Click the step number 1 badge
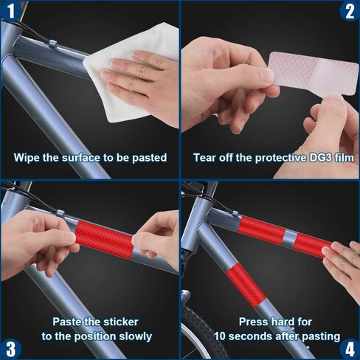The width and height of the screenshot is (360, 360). click(x=10, y=10)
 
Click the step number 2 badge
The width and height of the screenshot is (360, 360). click(x=350, y=10)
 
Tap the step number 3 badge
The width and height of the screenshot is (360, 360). click(x=10, y=349)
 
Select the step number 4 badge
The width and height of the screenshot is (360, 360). click(x=350, y=349)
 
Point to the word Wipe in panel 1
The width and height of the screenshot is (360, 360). click(x=27, y=157)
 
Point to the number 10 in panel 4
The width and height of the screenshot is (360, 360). click(x=220, y=336)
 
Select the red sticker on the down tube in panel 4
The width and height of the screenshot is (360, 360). click(x=246, y=285)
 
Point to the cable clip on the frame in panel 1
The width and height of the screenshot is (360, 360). click(x=52, y=44)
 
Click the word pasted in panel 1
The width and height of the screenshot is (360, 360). click(x=150, y=158)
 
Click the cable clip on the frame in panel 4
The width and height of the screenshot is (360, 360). click(x=235, y=214)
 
